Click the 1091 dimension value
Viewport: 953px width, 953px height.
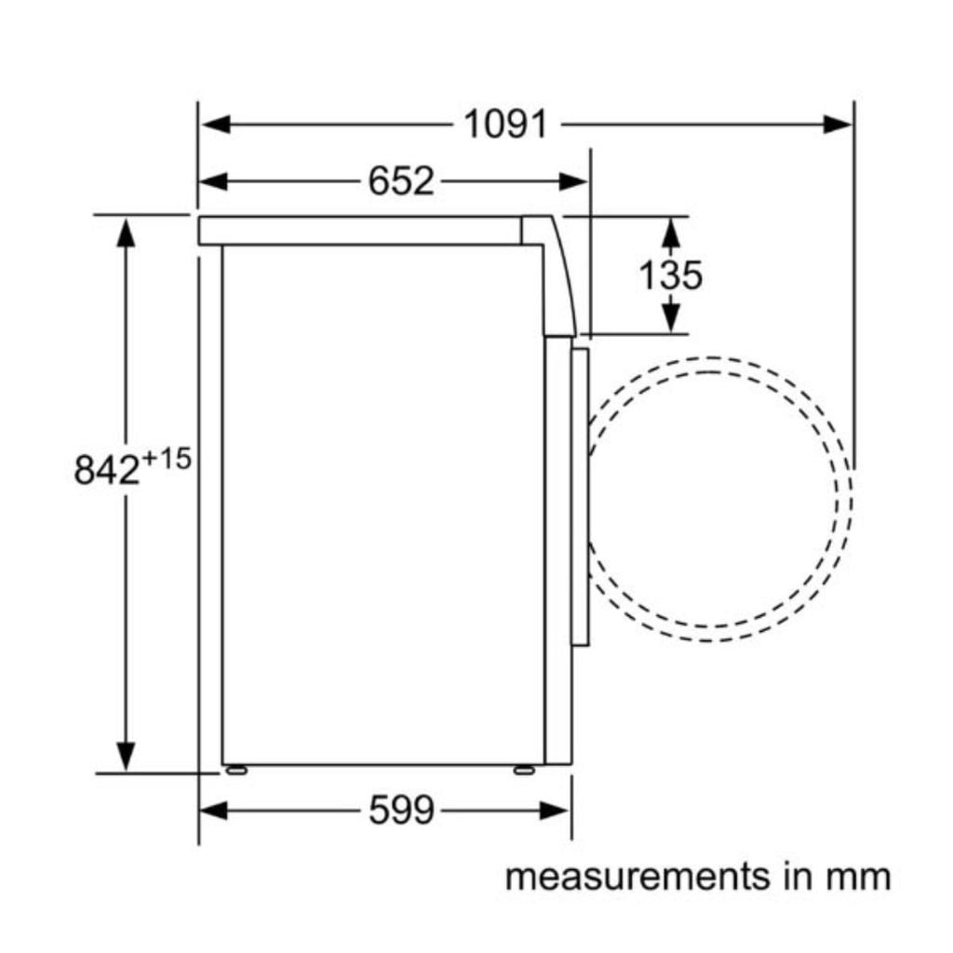pyautogui.click(x=505, y=125)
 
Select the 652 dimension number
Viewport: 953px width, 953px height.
pyautogui.click(x=401, y=181)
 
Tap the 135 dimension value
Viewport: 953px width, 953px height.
pyautogui.click(x=670, y=275)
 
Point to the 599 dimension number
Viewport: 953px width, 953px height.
pyautogui.click(x=402, y=811)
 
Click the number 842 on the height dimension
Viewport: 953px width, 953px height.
pyautogui.click(x=107, y=470)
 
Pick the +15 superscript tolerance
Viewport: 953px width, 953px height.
pyautogui.click(x=166, y=459)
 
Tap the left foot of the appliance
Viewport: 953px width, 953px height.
pyautogui.click(x=235, y=770)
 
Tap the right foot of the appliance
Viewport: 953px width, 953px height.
pyautogui.click(x=524, y=770)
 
